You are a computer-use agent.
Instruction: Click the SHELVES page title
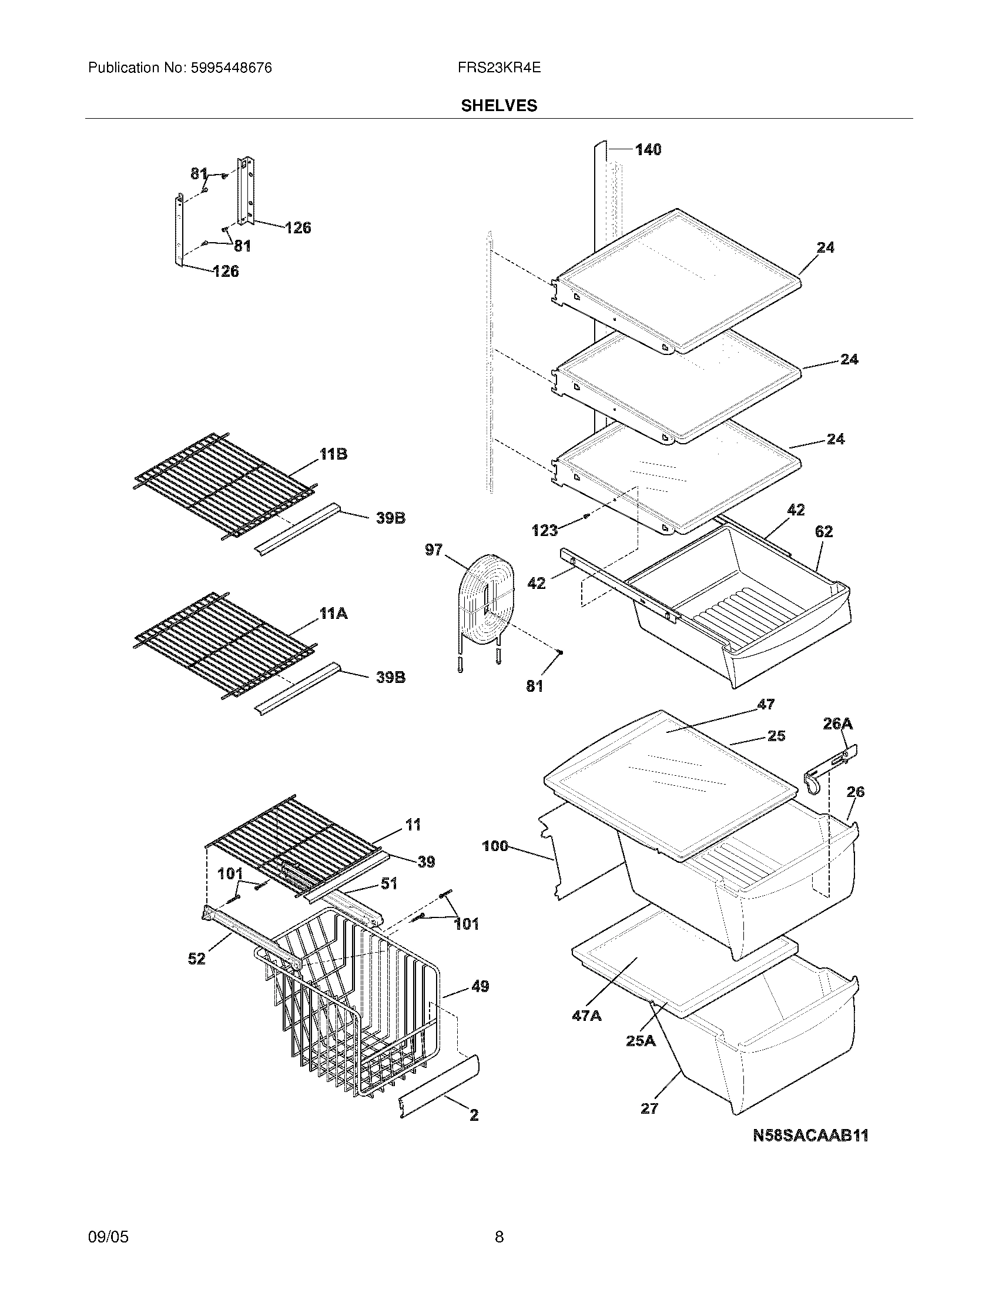[x=499, y=106]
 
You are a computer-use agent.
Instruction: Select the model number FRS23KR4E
[x=499, y=68]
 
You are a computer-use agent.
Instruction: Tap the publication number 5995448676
[x=231, y=68]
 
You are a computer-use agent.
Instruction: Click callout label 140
[x=648, y=150]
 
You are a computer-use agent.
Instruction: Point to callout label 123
[x=545, y=530]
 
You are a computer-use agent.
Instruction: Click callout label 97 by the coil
[x=434, y=550]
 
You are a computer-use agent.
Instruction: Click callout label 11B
[x=333, y=455]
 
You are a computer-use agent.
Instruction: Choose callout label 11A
[x=333, y=614]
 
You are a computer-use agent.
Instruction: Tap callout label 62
[x=824, y=532]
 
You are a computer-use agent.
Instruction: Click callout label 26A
[x=837, y=723]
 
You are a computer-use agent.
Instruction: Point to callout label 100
[x=495, y=846]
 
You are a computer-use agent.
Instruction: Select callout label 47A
[x=586, y=1016]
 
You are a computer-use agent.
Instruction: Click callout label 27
[x=649, y=1108]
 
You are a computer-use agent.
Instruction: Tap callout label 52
[x=196, y=958]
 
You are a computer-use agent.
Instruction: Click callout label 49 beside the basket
[x=480, y=986]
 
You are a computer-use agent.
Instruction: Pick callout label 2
[x=474, y=1116]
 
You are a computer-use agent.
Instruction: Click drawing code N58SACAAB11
[x=810, y=1135]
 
